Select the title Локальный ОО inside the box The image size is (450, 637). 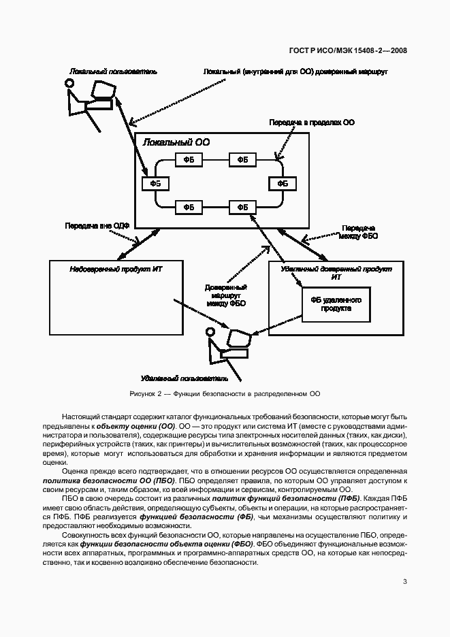(x=176, y=142)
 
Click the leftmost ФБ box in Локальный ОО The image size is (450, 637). (x=156, y=183)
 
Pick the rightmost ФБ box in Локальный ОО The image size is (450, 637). (x=283, y=183)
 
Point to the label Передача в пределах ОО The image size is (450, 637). (x=311, y=122)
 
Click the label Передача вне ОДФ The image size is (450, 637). (x=97, y=225)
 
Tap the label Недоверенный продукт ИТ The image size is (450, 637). (x=116, y=269)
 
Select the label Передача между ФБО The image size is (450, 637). (x=359, y=231)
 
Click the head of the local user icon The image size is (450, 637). (x=69, y=83)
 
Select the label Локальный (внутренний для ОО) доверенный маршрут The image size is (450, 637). (x=295, y=71)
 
